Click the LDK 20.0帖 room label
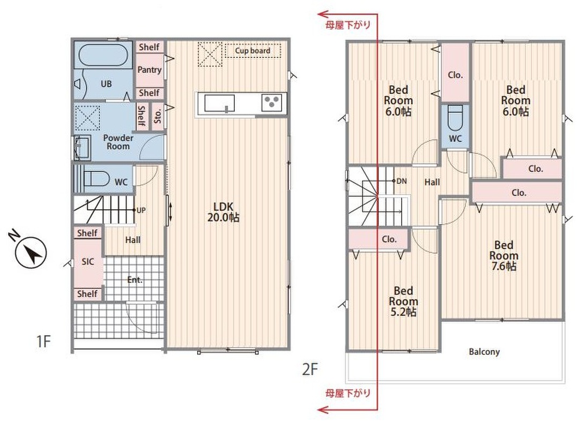click(x=223, y=212)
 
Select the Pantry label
click(x=149, y=70)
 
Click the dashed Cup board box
click(x=253, y=50)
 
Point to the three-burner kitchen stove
click(x=272, y=102)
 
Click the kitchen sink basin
click(x=219, y=103)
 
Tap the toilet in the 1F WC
click(x=96, y=179)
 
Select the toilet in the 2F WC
click(x=455, y=116)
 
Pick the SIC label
click(x=88, y=262)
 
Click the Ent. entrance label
click(x=135, y=279)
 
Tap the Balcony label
click(x=484, y=351)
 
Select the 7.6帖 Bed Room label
click(x=503, y=256)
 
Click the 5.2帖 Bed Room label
click(x=403, y=301)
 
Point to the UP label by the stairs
click(x=141, y=210)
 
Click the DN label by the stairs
click(x=402, y=181)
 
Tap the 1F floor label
click(x=43, y=341)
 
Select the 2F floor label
click(x=310, y=369)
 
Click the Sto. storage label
click(x=158, y=116)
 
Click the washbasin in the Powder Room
click(x=82, y=146)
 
